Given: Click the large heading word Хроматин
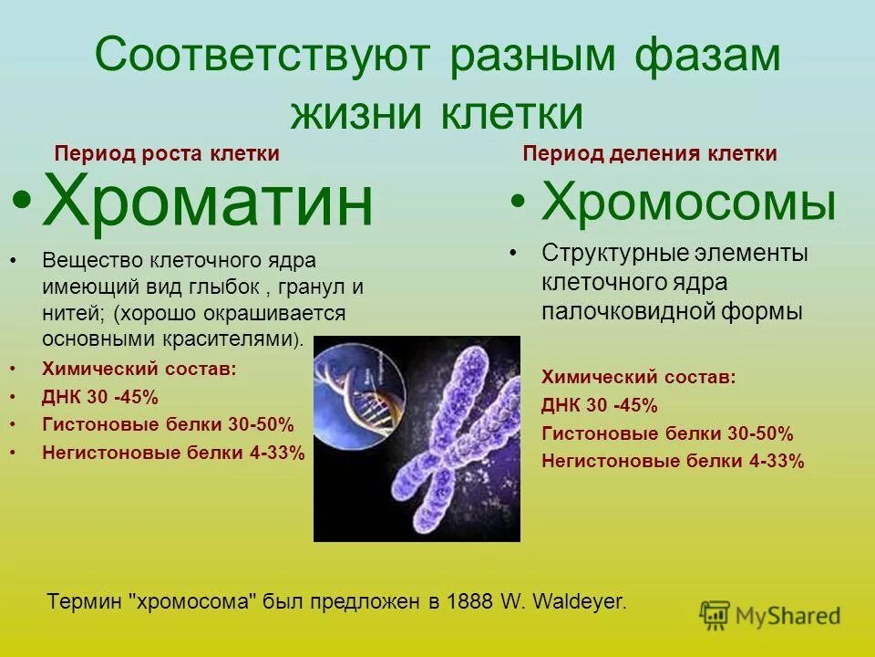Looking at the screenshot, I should pyautogui.click(x=208, y=204).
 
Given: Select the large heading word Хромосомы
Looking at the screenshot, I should pyautogui.click(x=688, y=203).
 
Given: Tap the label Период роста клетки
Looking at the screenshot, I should pyautogui.click(x=167, y=154).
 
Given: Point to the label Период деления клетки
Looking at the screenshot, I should pyautogui.click(x=650, y=154).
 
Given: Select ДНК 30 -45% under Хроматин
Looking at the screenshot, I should pyautogui.click(x=100, y=397).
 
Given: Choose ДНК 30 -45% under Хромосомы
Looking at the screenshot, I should pyautogui.click(x=600, y=405).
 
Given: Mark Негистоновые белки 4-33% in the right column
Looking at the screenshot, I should pyautogui.click(x=673, y=461).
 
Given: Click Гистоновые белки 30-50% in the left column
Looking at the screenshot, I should pyautogui.click(x=169, y=424).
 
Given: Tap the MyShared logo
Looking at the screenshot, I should pyautogui.click(x=769, y=614).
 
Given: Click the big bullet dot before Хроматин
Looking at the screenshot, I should pyautogui.click(x=25, y=203).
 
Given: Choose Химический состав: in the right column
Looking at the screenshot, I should pyautogui.click(x=638, y=377).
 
